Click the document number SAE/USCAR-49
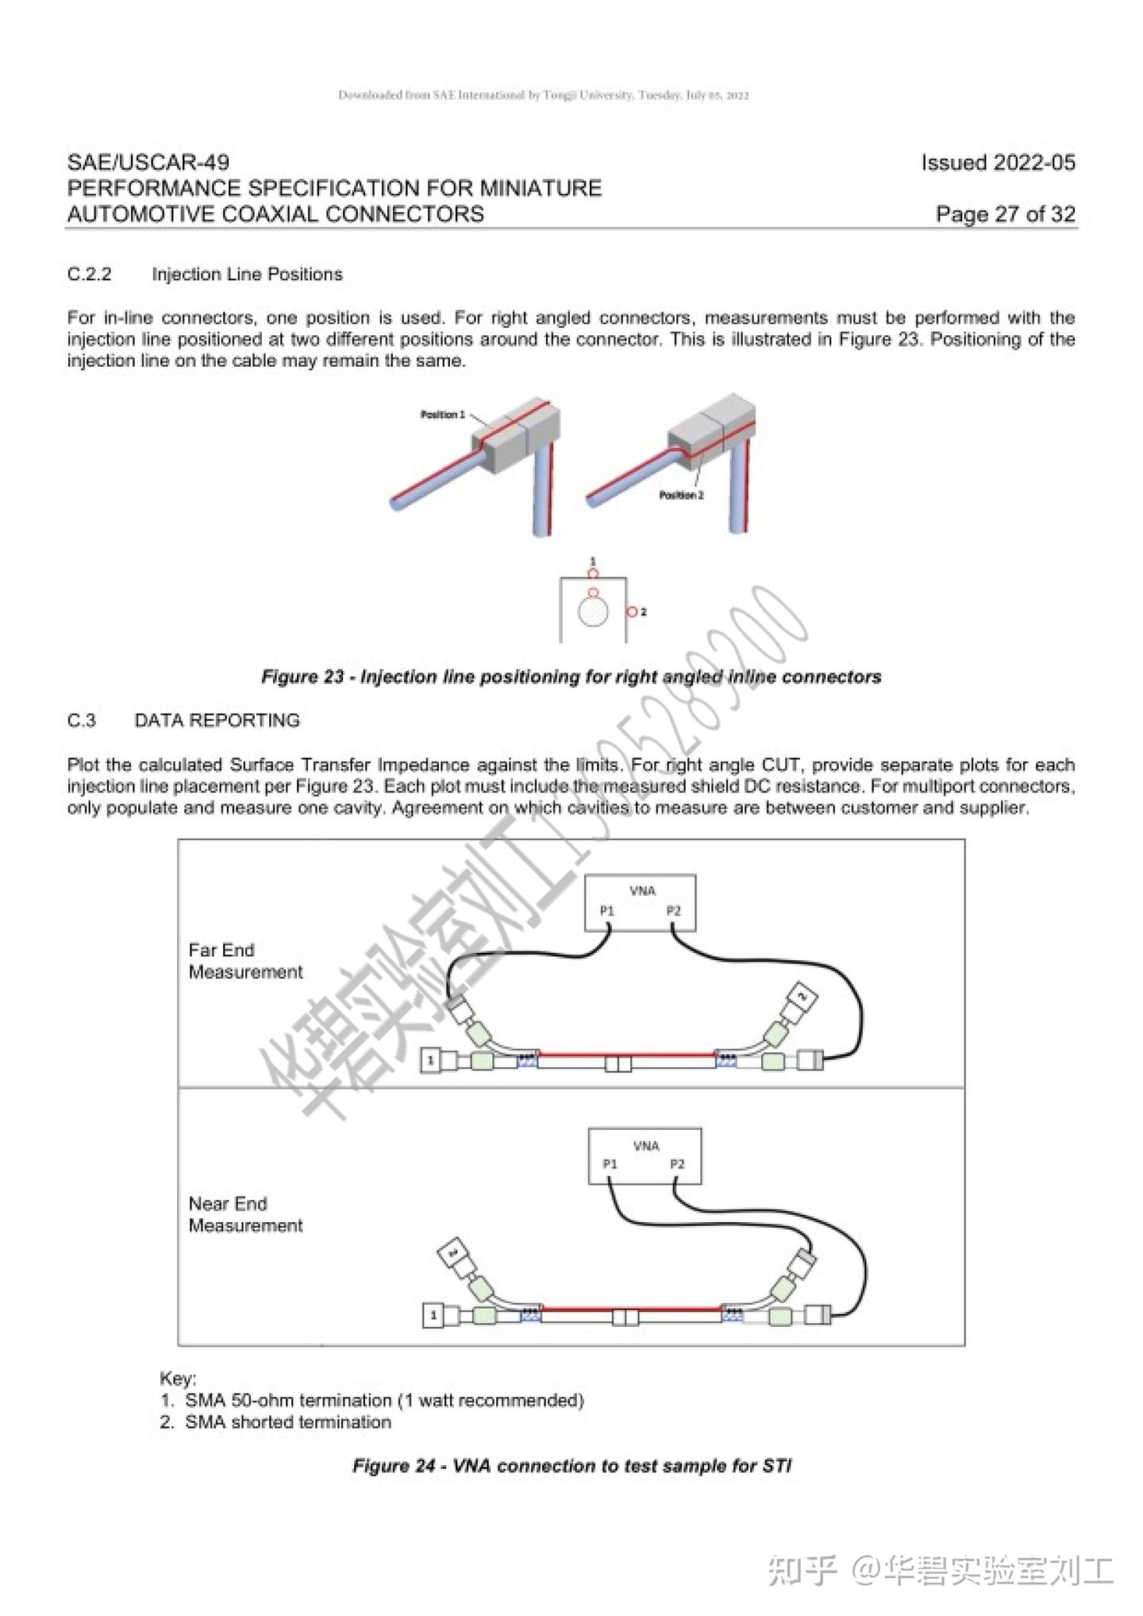pos(148,163)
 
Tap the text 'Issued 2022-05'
pos(998,163)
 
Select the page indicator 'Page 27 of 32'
pos(1005,214)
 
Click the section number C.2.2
pos(89,275)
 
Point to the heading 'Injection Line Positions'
pos(247,275)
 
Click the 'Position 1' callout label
pos(442,415)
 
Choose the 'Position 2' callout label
pos(681,496)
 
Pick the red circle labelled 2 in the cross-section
pos(632,612)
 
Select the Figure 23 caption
pos(571,677)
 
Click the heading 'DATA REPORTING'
pos(217,721)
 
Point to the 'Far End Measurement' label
pos(245,962)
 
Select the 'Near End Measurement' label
pos(245,1215)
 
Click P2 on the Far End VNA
pos(673,912)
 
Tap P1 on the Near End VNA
pos(610,1164)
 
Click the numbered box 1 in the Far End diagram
pos(430,1060)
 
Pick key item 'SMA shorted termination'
pos(287,1422)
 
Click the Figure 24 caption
pos(571,1466)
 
